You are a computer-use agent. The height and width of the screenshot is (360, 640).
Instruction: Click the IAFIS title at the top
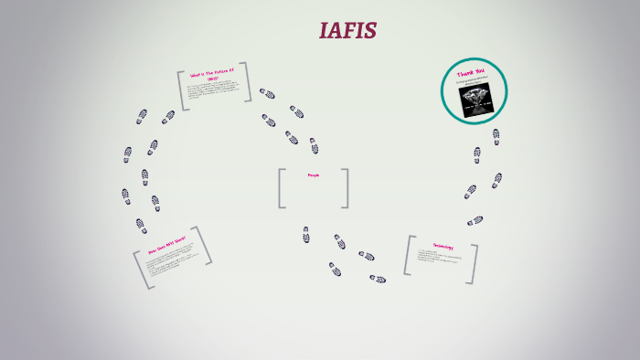[348, 30]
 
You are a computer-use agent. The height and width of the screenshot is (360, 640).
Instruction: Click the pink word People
[314, 175]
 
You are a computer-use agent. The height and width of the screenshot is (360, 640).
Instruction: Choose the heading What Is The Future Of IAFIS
[211, 78]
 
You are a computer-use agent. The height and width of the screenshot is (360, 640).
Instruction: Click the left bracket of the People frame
[282, 188]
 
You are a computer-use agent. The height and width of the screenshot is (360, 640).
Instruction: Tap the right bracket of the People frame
[346, 188]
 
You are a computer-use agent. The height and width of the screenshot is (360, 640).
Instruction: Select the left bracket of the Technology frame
[408, 255]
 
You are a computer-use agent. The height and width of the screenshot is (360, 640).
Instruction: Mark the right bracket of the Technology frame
[473, 263]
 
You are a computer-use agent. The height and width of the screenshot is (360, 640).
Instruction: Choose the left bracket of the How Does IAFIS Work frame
[140, 270]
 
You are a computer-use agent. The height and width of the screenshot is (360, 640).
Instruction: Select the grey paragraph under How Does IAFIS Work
[172, 263]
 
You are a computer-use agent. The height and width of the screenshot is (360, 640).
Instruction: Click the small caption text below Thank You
[474, 81]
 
